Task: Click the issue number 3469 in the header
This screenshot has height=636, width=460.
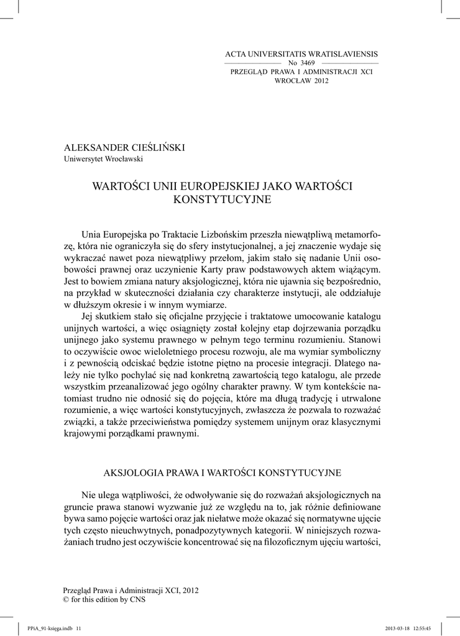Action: click(x=308, y=63)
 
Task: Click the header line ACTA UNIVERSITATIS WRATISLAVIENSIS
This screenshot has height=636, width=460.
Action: click(x=301, y=55)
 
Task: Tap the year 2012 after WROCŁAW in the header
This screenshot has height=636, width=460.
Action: click(x=321, y=81)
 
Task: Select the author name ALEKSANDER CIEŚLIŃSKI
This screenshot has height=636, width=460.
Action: click(x=125, y=147)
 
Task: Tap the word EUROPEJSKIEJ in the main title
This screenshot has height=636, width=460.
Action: click(x=206, y=186)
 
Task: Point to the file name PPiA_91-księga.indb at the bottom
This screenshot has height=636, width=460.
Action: click(x=42, y=627)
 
